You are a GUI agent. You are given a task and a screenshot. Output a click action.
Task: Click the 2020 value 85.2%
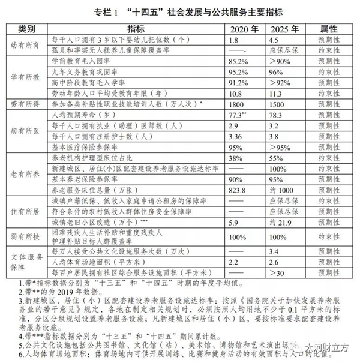coord(239,61)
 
